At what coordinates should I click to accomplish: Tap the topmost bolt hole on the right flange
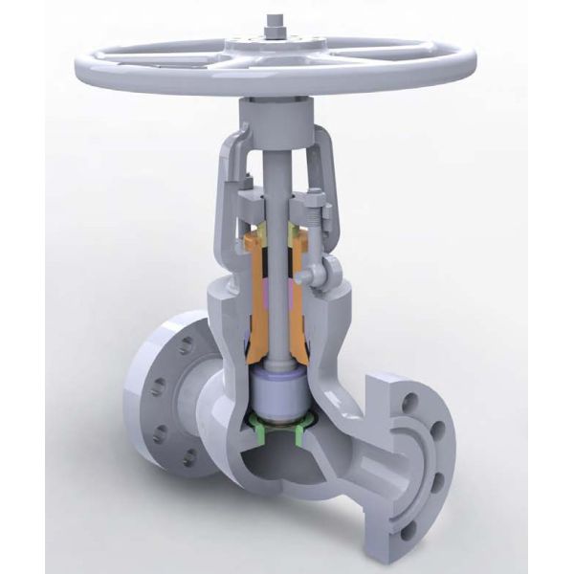pyautogui.click(x=413, y=392)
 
